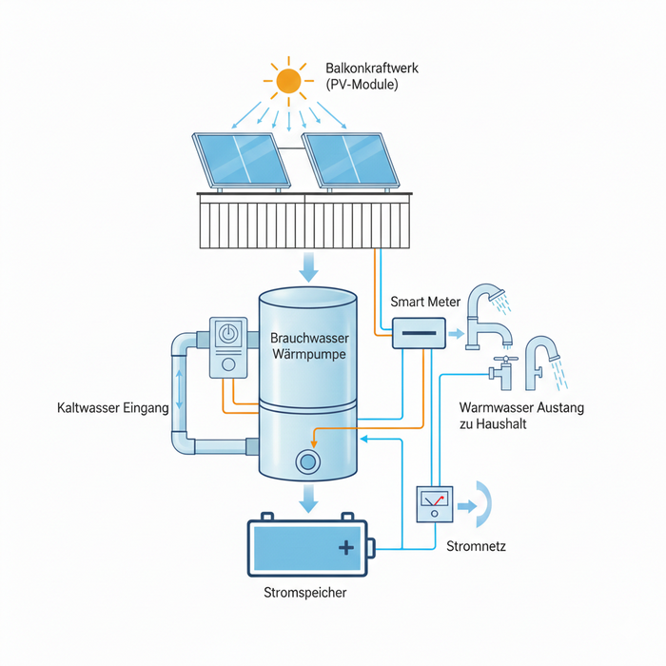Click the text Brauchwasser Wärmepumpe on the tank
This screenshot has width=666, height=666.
[307, 345]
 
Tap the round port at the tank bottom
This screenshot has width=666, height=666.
[307, 461]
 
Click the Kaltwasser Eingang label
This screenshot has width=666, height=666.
[111, 408]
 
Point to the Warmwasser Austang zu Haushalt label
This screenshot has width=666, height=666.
[520, 416]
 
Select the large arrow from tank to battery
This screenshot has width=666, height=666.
[307, 496]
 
